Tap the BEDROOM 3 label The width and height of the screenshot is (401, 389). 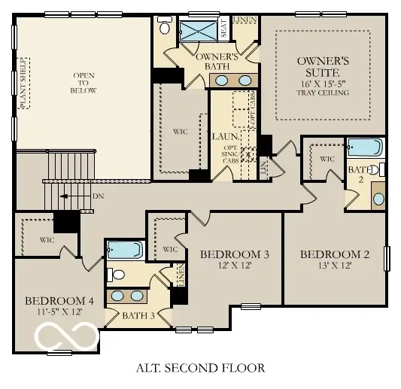pyautogui.click(x=234, y=254)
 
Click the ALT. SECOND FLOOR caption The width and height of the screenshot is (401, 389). pyautogui.click(x=200, y=368)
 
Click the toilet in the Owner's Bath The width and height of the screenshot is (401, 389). pyautogui.click(x=165, y=27)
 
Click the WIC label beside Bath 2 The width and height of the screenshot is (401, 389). pyautogui.click(x=327, y=159)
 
